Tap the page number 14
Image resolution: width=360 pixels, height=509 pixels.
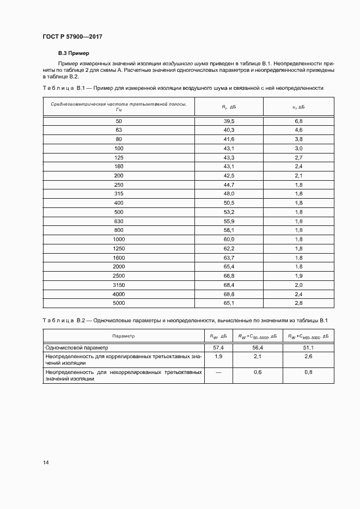coord(46,463)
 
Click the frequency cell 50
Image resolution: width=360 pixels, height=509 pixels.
coord(119,120)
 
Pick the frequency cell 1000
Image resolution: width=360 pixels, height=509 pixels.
coord(119,239)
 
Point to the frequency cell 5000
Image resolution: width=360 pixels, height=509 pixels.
coord(119,303)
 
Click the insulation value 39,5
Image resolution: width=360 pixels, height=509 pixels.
coord(229,120)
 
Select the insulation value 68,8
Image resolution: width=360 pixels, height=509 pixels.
coord(229,294)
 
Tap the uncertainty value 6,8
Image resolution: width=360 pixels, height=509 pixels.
coord(298,120)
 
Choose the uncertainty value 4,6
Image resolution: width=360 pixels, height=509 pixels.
coord(298,130)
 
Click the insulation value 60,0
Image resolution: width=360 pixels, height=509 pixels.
coord(229,239)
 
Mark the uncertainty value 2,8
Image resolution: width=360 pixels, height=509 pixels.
coord(298,303)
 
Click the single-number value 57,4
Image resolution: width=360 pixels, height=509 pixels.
coord(218,347)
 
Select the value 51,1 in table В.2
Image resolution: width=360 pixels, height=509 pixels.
coord(308,347)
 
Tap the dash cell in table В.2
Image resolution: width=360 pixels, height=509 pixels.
coord(218,372)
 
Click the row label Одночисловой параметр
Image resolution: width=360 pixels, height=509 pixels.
coord(77,347)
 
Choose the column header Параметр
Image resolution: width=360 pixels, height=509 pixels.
coord(123,336)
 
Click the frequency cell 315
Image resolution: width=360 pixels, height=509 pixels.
coord(119,193)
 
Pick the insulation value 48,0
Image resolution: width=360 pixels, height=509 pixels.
coord(229,193)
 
